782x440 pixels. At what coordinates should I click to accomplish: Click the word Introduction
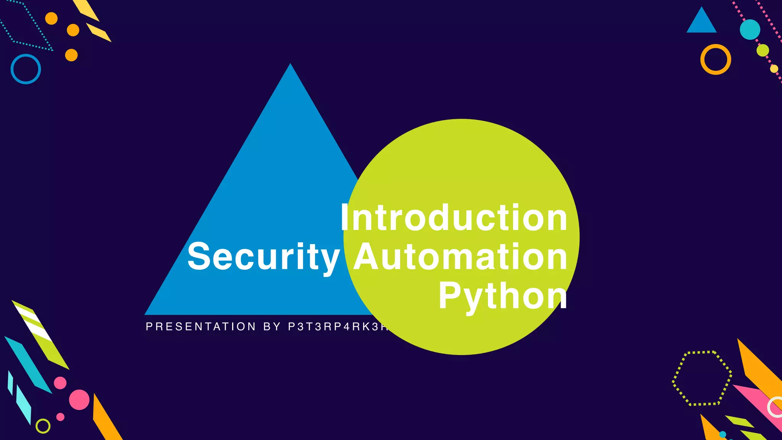pyautogui.click(x=454, y=218)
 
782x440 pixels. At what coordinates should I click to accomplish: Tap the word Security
pyautogui.click(x=263, y=257)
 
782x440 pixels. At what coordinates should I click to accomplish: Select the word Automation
pyautogui.click(x=460, y=257)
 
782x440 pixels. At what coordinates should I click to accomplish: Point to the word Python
pyautogui.click(x=502, y=296)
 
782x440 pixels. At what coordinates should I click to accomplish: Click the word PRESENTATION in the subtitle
pyautogui.click(x=201, y=327)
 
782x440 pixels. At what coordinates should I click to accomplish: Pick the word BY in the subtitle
pyautogui.click(x=272, y=327)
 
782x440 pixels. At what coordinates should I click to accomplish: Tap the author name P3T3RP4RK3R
pyautogui.click(x=338, y=327)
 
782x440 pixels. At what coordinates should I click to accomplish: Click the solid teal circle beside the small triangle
pyautogui.click(x=750, y=29)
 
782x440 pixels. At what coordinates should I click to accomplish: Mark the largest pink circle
pyautogui.click(x=79, y=400)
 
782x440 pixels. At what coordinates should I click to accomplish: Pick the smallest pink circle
pyautogui.click(x=60, y=417)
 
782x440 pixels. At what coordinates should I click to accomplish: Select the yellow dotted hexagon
pyautogui.click(x=702, y=378)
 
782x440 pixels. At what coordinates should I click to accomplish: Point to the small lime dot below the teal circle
pyautogui.click(x=763, y=50)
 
